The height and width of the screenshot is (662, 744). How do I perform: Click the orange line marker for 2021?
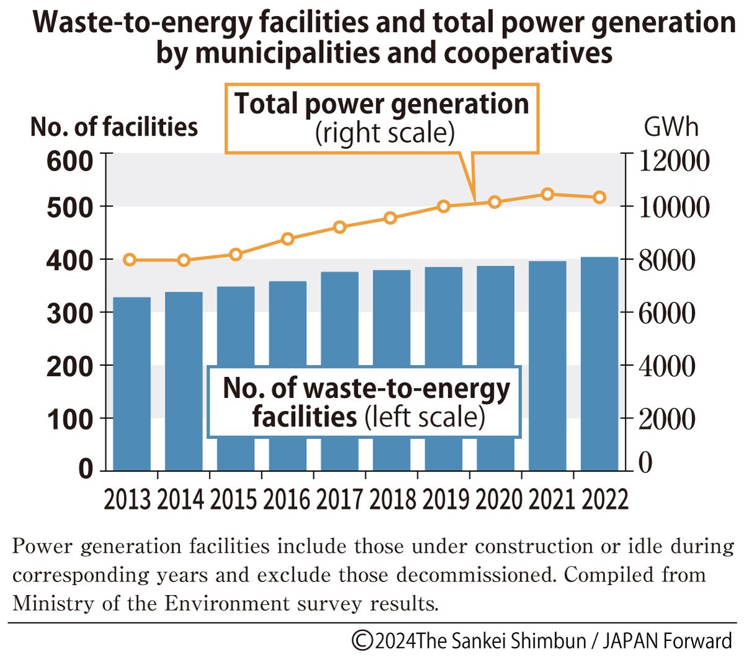pos(547,194)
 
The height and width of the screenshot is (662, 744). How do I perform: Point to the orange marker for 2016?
pos(288,239)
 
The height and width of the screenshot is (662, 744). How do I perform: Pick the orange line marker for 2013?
pos(130,260)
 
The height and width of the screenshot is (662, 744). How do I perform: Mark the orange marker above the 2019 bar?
pos(443,206)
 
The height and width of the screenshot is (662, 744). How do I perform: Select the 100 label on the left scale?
pos(69,420)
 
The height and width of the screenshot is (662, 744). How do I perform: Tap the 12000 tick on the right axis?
pos(673,161)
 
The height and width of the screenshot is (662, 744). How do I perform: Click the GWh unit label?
pos(671,127)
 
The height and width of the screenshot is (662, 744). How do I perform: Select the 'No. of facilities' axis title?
pos(114,127)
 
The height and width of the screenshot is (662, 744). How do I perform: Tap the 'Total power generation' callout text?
pos(382,104)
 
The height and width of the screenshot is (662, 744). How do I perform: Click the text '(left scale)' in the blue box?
pos(425,417)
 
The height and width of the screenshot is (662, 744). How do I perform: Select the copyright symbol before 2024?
pos(362,640)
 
